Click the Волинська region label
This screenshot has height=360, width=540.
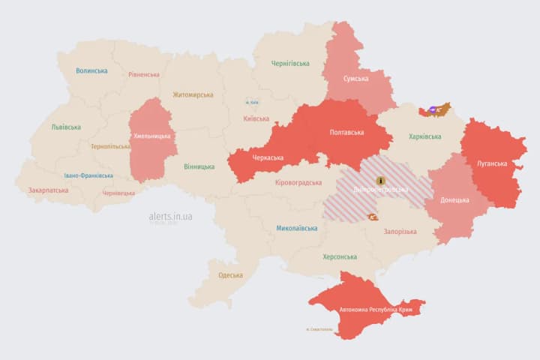(x=91, y=70)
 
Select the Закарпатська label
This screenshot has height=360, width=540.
(x=48, y=190)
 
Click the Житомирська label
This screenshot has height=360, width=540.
(x=193, y=94)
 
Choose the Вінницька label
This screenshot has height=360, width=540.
(x=199, y=166)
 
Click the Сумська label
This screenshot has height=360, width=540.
(x=355, y=79)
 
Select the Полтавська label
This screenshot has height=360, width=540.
(x=347, y=133)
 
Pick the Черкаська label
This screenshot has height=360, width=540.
(x=268, y=158)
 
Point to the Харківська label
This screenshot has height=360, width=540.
(x=424, y=136)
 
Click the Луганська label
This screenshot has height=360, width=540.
(x=492, y=163)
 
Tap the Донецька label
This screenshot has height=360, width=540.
(x=454, y=199)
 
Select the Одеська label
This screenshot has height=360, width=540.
(x=230, y=274)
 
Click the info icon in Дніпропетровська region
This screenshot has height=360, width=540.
(x=381, y=181)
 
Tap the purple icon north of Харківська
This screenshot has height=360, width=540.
(x=433, y=110)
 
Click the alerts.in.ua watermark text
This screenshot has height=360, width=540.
(x=170, y=216)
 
